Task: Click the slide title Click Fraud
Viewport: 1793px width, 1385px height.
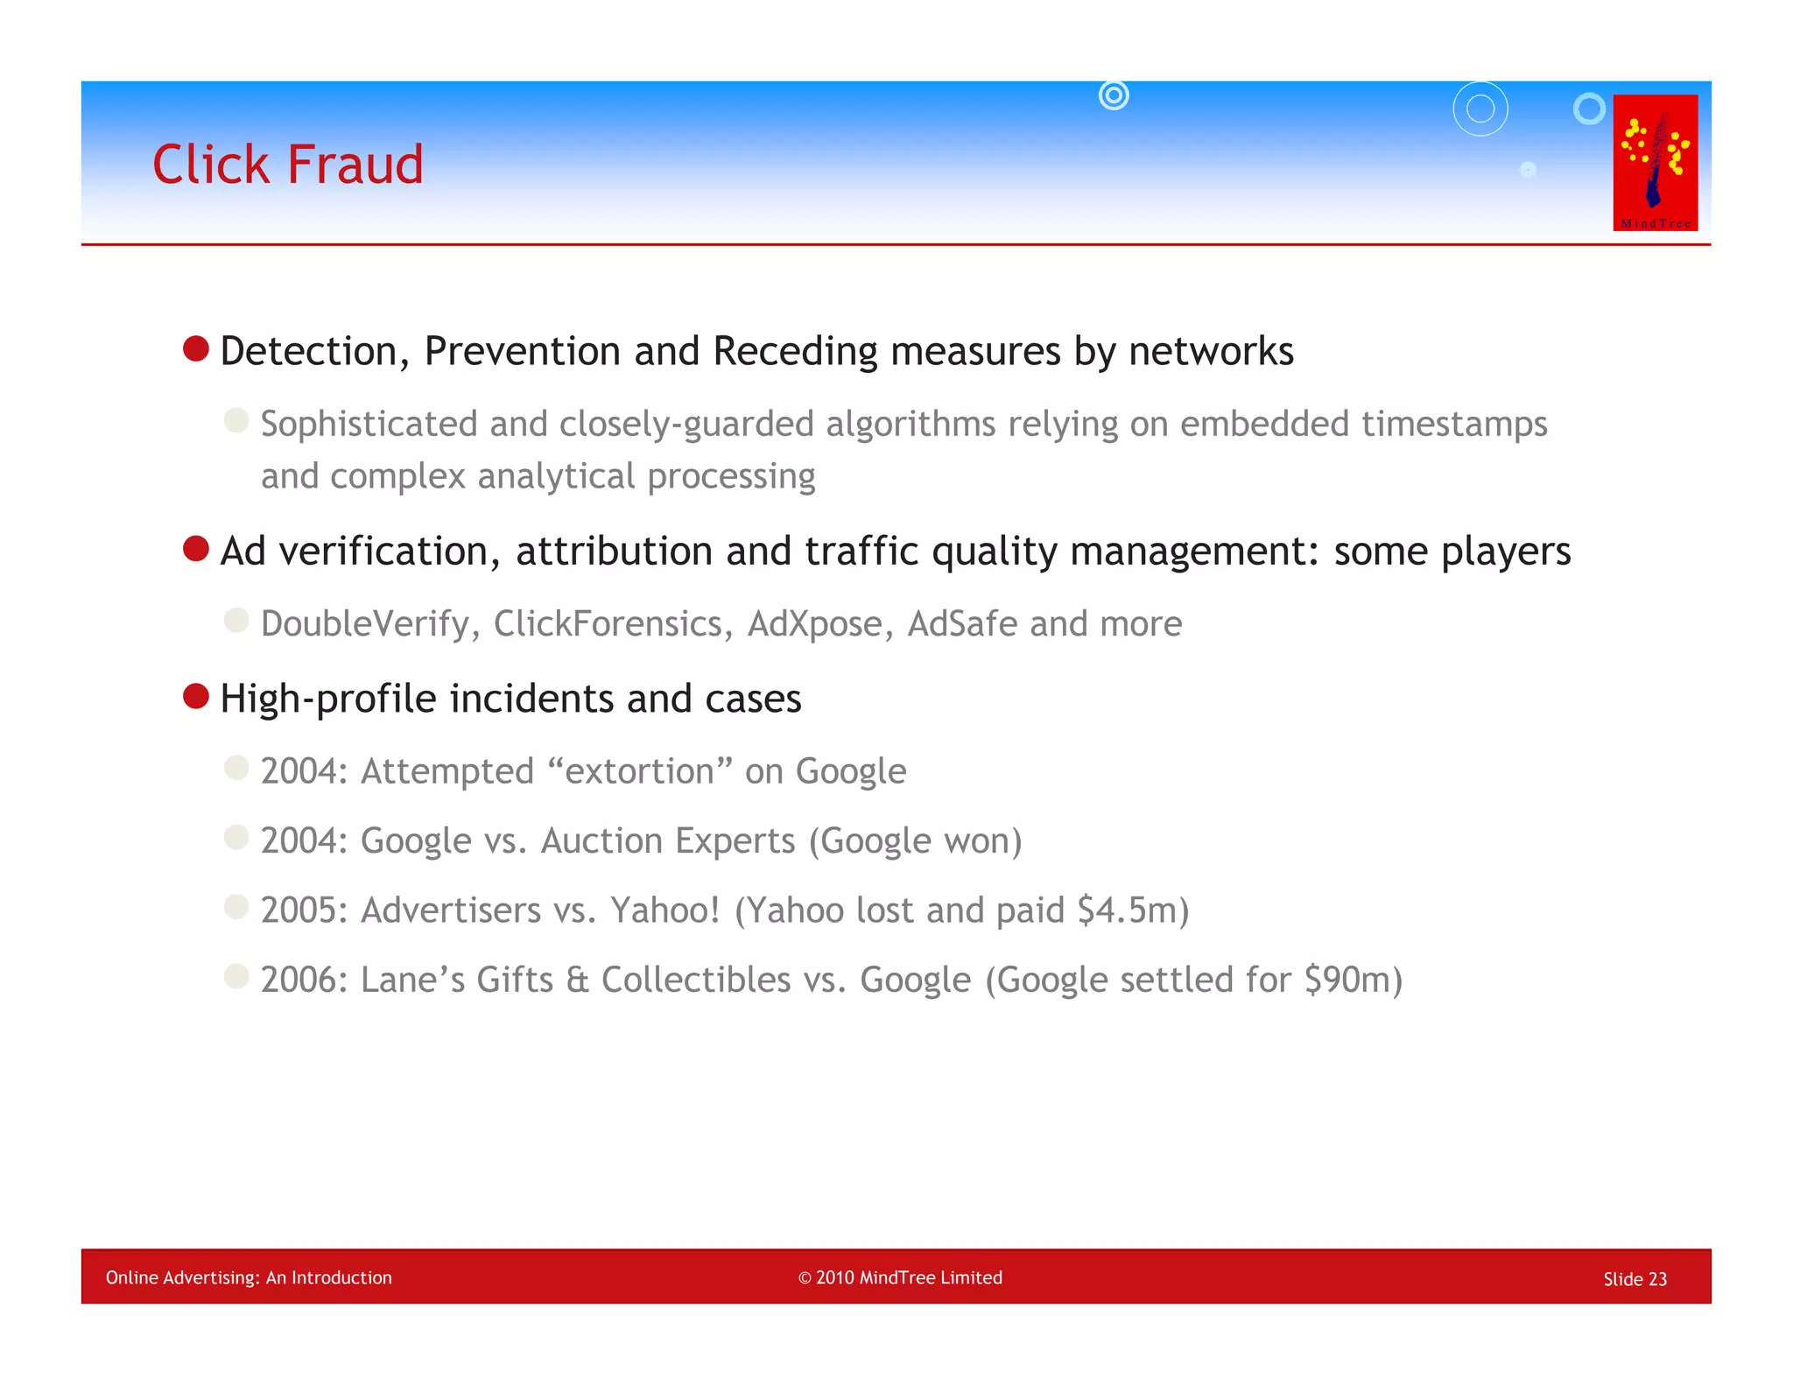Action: tap(287, 165)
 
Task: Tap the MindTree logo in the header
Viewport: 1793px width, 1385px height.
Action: tap(1655, 163)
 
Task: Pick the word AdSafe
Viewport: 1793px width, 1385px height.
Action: tap(962, 624)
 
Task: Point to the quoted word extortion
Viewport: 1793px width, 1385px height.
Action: tap(639, 772)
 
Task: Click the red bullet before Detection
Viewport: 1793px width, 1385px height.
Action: tap(196, 349)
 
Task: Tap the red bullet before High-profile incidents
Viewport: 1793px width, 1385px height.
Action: tap(196, 697)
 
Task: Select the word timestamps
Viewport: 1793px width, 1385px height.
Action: tap(1454, 425)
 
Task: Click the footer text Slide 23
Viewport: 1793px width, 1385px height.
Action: tap(1635, 1279)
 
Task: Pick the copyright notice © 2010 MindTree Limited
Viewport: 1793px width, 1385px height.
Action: tap(900, 1277)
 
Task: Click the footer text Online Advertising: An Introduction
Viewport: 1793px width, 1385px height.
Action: tap(249, 1277)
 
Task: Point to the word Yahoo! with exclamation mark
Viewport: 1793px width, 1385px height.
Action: tap(665, 910)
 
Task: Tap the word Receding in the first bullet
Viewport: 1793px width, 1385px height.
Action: tap(795, 351)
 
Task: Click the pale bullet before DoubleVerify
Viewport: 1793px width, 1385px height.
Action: tap(236, 621)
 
